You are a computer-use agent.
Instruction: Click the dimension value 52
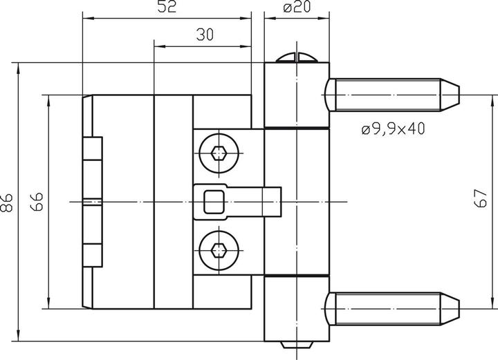pyautogui.click(x=167, y=8)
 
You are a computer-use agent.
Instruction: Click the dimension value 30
pyautogui.click(x=203, y=35)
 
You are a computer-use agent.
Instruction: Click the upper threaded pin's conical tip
pyautogui.click(x=450, y=94)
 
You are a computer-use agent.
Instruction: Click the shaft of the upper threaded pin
pyautogui.click(x=387, y=94)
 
